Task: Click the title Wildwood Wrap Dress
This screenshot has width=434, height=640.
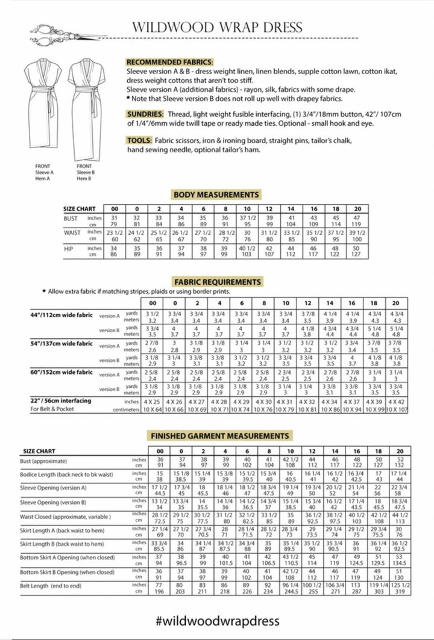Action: tap(217, 27)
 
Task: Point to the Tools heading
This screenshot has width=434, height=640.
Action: tap(139, 140)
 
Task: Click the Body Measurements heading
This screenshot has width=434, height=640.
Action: tap(216, 194)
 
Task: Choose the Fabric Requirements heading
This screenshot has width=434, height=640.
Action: tap(218, 282)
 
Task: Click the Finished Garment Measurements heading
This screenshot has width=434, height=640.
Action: tap(219, 435)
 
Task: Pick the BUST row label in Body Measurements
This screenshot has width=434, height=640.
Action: tap(71, 218)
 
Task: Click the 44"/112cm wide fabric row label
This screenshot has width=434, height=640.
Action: tap(61, 315)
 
